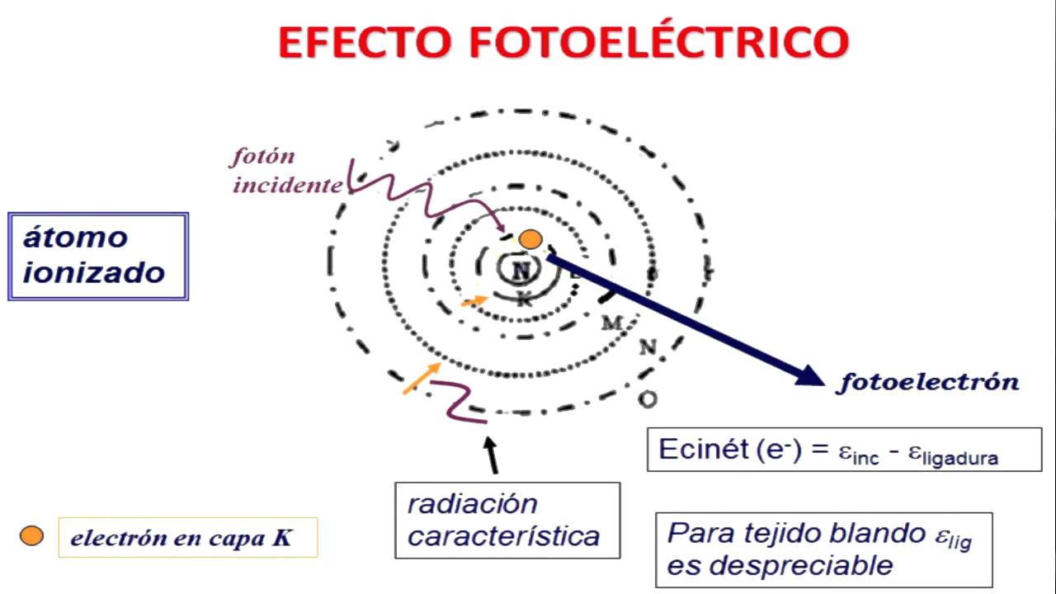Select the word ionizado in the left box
click(x=93, y=271)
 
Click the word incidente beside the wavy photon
click(x=286, y=185)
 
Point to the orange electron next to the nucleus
click(x=530, y=240)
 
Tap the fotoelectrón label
click(x=929, y=382)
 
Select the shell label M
click(x=611, y=323)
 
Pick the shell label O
click(x=648, y=399)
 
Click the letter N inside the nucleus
click(x=521, y=271)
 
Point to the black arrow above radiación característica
click(x=493, y=455)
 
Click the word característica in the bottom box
click(x=503, y=537)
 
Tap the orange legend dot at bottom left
click(x=31, y=536)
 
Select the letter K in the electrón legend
click(x=282, y=539)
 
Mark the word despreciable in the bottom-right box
click(x=780, y=565)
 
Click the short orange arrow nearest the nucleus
click(x=474, y=301)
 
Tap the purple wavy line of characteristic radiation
click(x=460, y=402)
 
